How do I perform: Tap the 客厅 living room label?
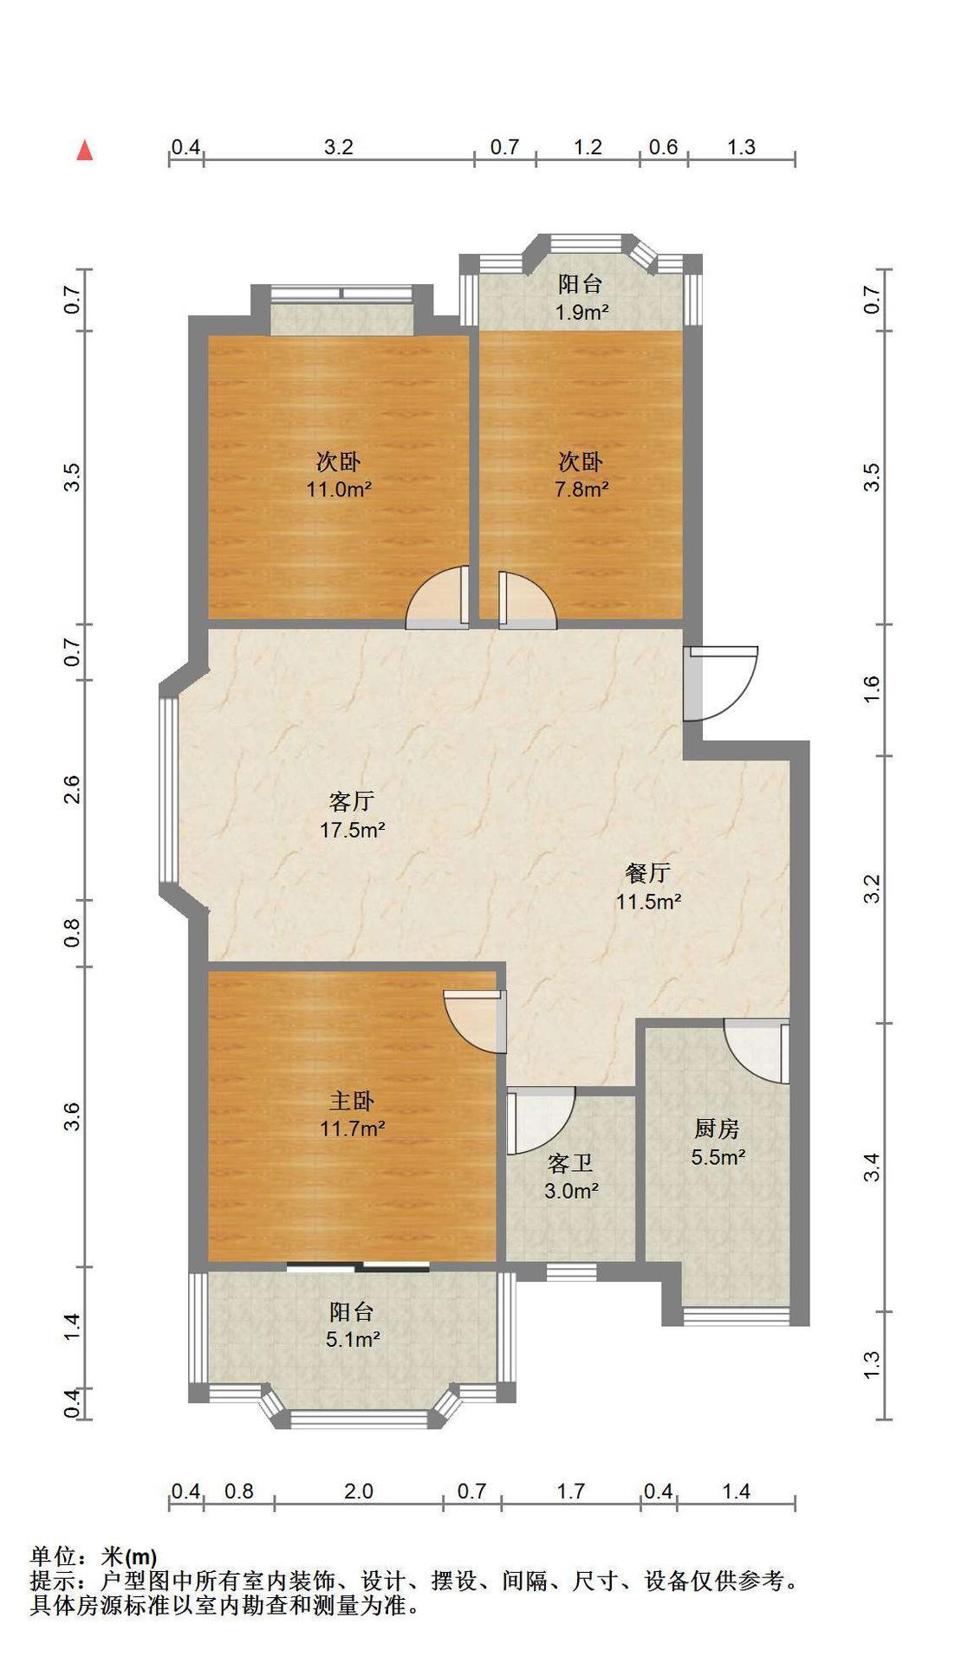pos(352,799)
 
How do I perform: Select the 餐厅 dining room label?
pos(647,872)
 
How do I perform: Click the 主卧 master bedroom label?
pos(352,1100)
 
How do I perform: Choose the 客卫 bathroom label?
pos(571,1162)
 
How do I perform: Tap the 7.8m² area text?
pos(581,489)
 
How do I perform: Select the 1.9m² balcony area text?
pos(581,312)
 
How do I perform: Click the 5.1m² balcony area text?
pos(353,1340)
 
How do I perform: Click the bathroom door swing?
pos(541,1122)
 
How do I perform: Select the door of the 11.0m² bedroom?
pos(438,597)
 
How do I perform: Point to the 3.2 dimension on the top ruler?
pos(339,147)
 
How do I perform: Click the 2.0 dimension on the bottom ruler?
pos(359,1492)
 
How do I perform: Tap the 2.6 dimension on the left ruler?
pos(73,790)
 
